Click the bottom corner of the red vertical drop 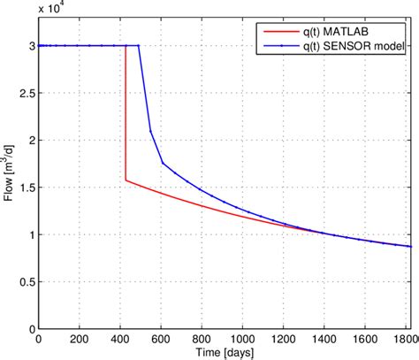(x=126, y=180)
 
